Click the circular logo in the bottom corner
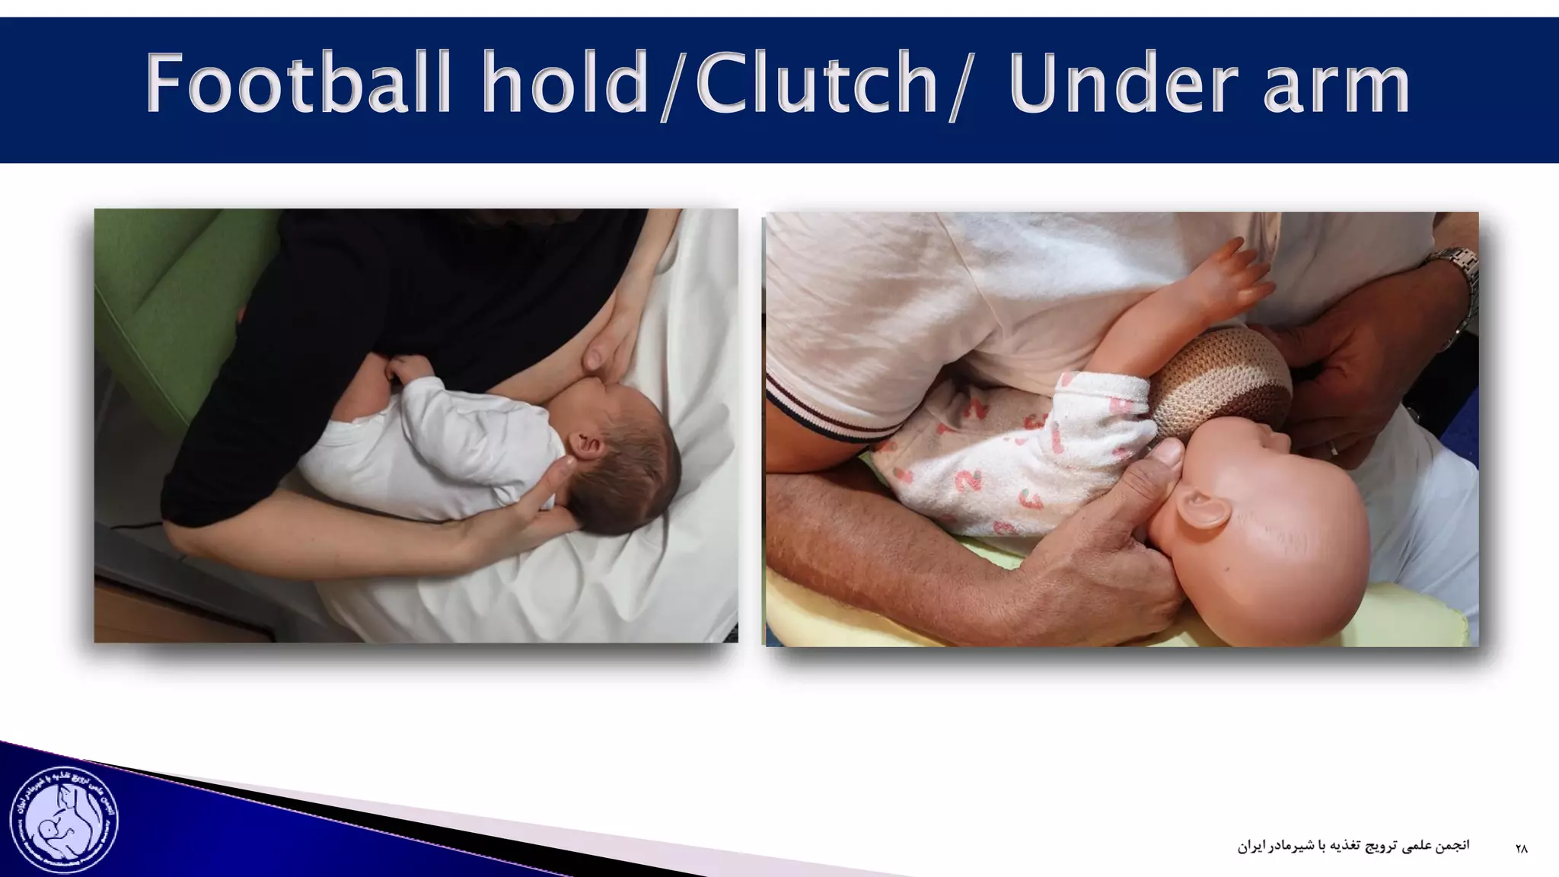click(x=64, y=819)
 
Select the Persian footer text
click(x=1353, y=846)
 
